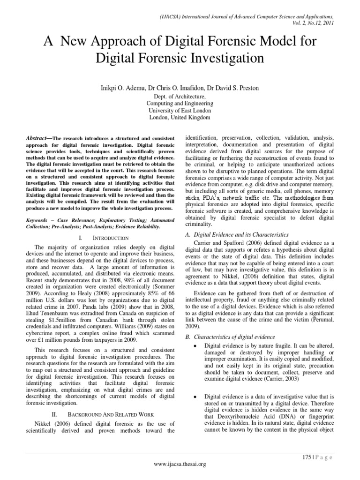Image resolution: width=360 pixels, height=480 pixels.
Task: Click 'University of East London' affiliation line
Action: coord(180,110)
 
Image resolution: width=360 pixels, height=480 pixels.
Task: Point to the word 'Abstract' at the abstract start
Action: coord(37,138)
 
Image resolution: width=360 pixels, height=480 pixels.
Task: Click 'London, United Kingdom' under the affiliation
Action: coord(180,117)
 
